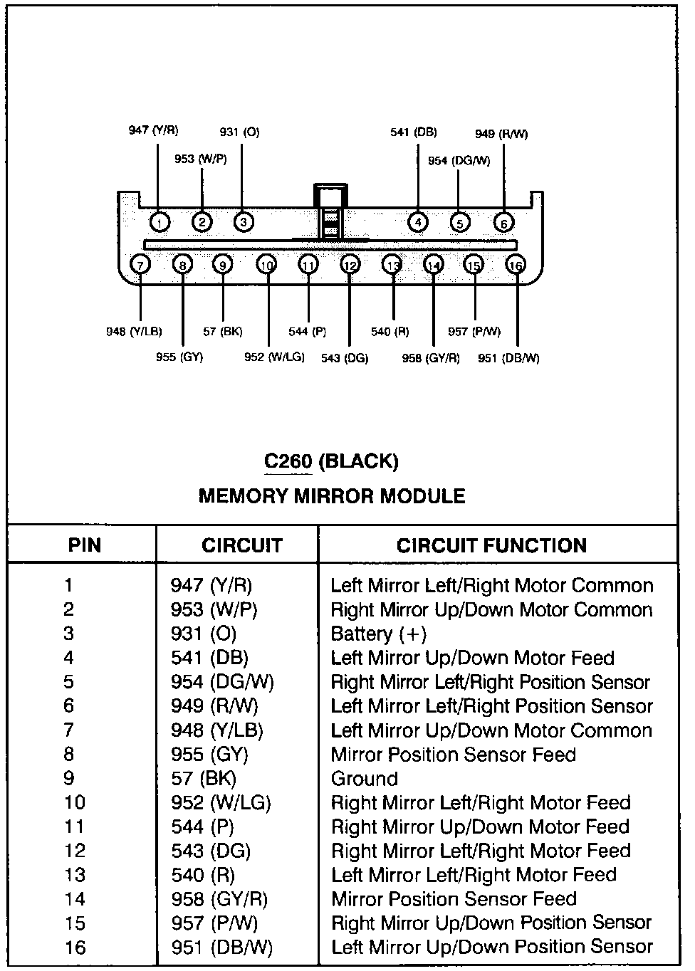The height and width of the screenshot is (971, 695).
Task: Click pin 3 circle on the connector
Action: [244, 223]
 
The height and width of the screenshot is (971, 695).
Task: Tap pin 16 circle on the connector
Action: [515, 266]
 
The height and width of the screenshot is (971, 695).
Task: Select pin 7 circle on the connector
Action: [140, 266]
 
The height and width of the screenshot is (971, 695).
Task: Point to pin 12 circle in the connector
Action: [350, 266]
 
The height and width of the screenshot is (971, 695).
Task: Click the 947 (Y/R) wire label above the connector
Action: [153, 130]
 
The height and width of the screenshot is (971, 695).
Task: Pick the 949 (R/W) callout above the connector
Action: [501, 134]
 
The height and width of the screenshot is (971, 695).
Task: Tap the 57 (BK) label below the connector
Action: [222, 331]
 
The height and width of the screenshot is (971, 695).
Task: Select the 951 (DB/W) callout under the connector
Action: [508, 358]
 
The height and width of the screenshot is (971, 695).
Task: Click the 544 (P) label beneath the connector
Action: [307, 331]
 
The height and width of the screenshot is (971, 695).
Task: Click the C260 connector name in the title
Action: [288, 461]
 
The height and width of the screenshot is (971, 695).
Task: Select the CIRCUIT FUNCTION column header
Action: [491, 546]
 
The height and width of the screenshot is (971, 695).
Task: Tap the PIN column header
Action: [85, 546]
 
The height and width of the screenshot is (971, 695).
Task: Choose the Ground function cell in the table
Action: [364, 779]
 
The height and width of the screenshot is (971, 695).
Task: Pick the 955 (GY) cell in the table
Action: [209, 755]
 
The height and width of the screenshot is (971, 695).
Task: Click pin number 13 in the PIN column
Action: [75, 876]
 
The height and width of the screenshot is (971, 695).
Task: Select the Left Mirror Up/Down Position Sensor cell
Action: [491, 948]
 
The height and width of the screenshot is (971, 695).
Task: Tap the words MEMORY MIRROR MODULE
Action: [331, 496]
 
